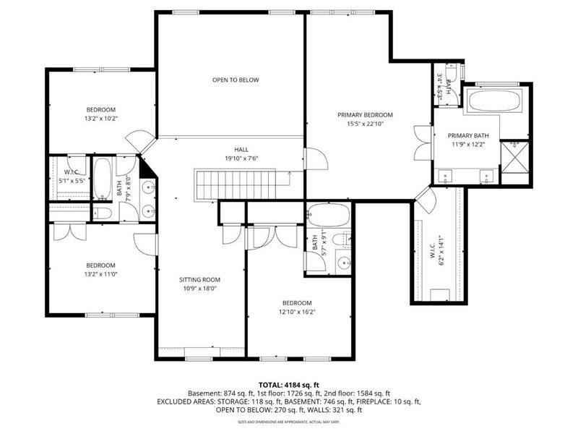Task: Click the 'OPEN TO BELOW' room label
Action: (236, 80)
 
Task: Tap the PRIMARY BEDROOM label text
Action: (365, 115)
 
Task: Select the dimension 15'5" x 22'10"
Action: (365, 124)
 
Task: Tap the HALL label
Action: (230, 149)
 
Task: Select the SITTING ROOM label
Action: (200, 279)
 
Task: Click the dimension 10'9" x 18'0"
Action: (200, 288)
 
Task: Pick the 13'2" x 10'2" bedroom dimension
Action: (101, 118)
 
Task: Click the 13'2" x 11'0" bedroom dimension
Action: (101, 273)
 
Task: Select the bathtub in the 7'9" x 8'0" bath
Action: (102, 178)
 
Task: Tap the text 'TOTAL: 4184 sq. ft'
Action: (289, 384)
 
